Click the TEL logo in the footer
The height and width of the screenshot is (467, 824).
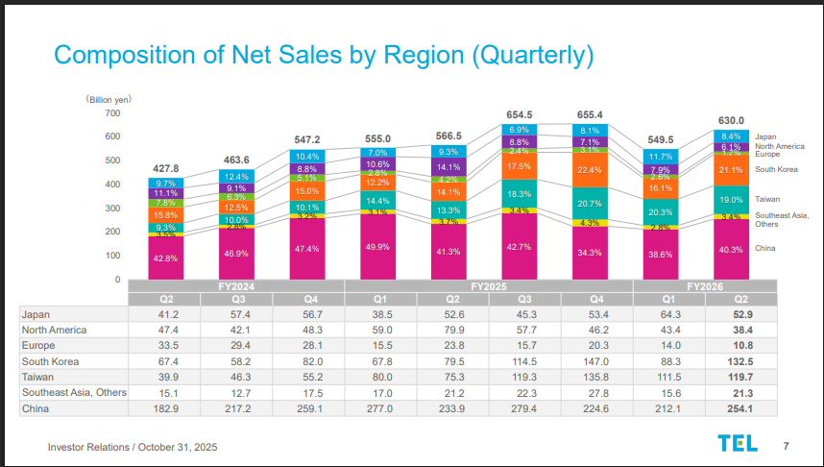(x=737, y=443)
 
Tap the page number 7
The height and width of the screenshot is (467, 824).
(x=787, y=445)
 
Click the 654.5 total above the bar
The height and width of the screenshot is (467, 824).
(x=520, y=115)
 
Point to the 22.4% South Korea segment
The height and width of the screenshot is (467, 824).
(x=590, y=170)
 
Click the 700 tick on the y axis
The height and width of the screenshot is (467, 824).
(x=112, y=113)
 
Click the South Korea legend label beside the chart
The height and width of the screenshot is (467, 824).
(x=776, y=170)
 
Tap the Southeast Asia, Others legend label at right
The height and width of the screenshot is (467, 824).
(x=779, y=219)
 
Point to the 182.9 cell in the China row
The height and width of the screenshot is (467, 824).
(x=165, y=410)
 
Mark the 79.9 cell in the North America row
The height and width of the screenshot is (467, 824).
(x=448, y=330)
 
